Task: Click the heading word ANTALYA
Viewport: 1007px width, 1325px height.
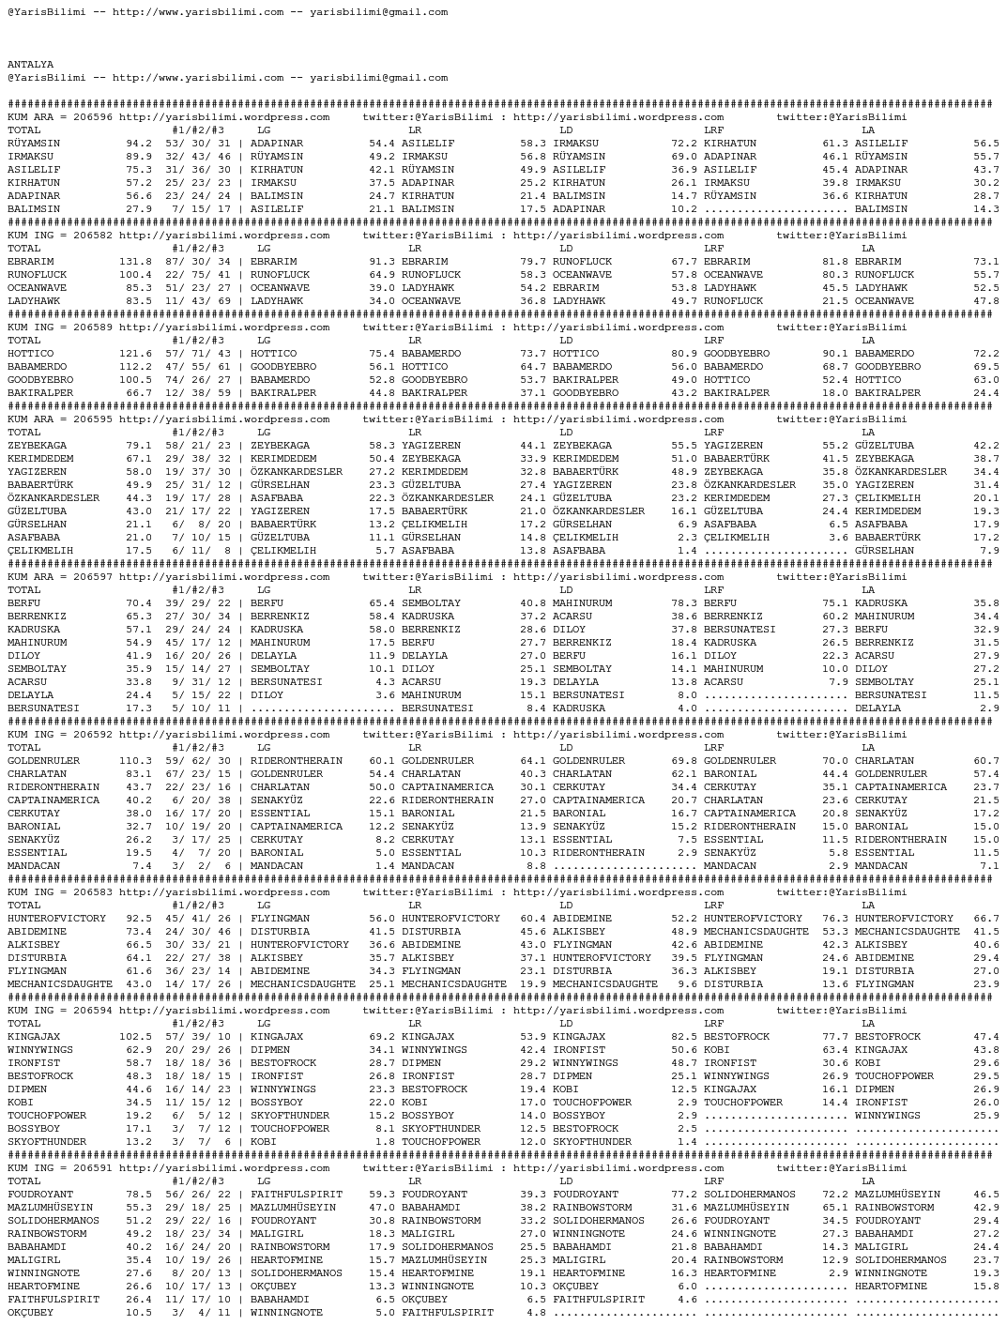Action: (30, 65)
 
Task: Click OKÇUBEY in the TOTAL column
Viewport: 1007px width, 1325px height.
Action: (30, 1313)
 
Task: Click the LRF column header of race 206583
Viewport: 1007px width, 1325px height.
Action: (713, 906)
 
